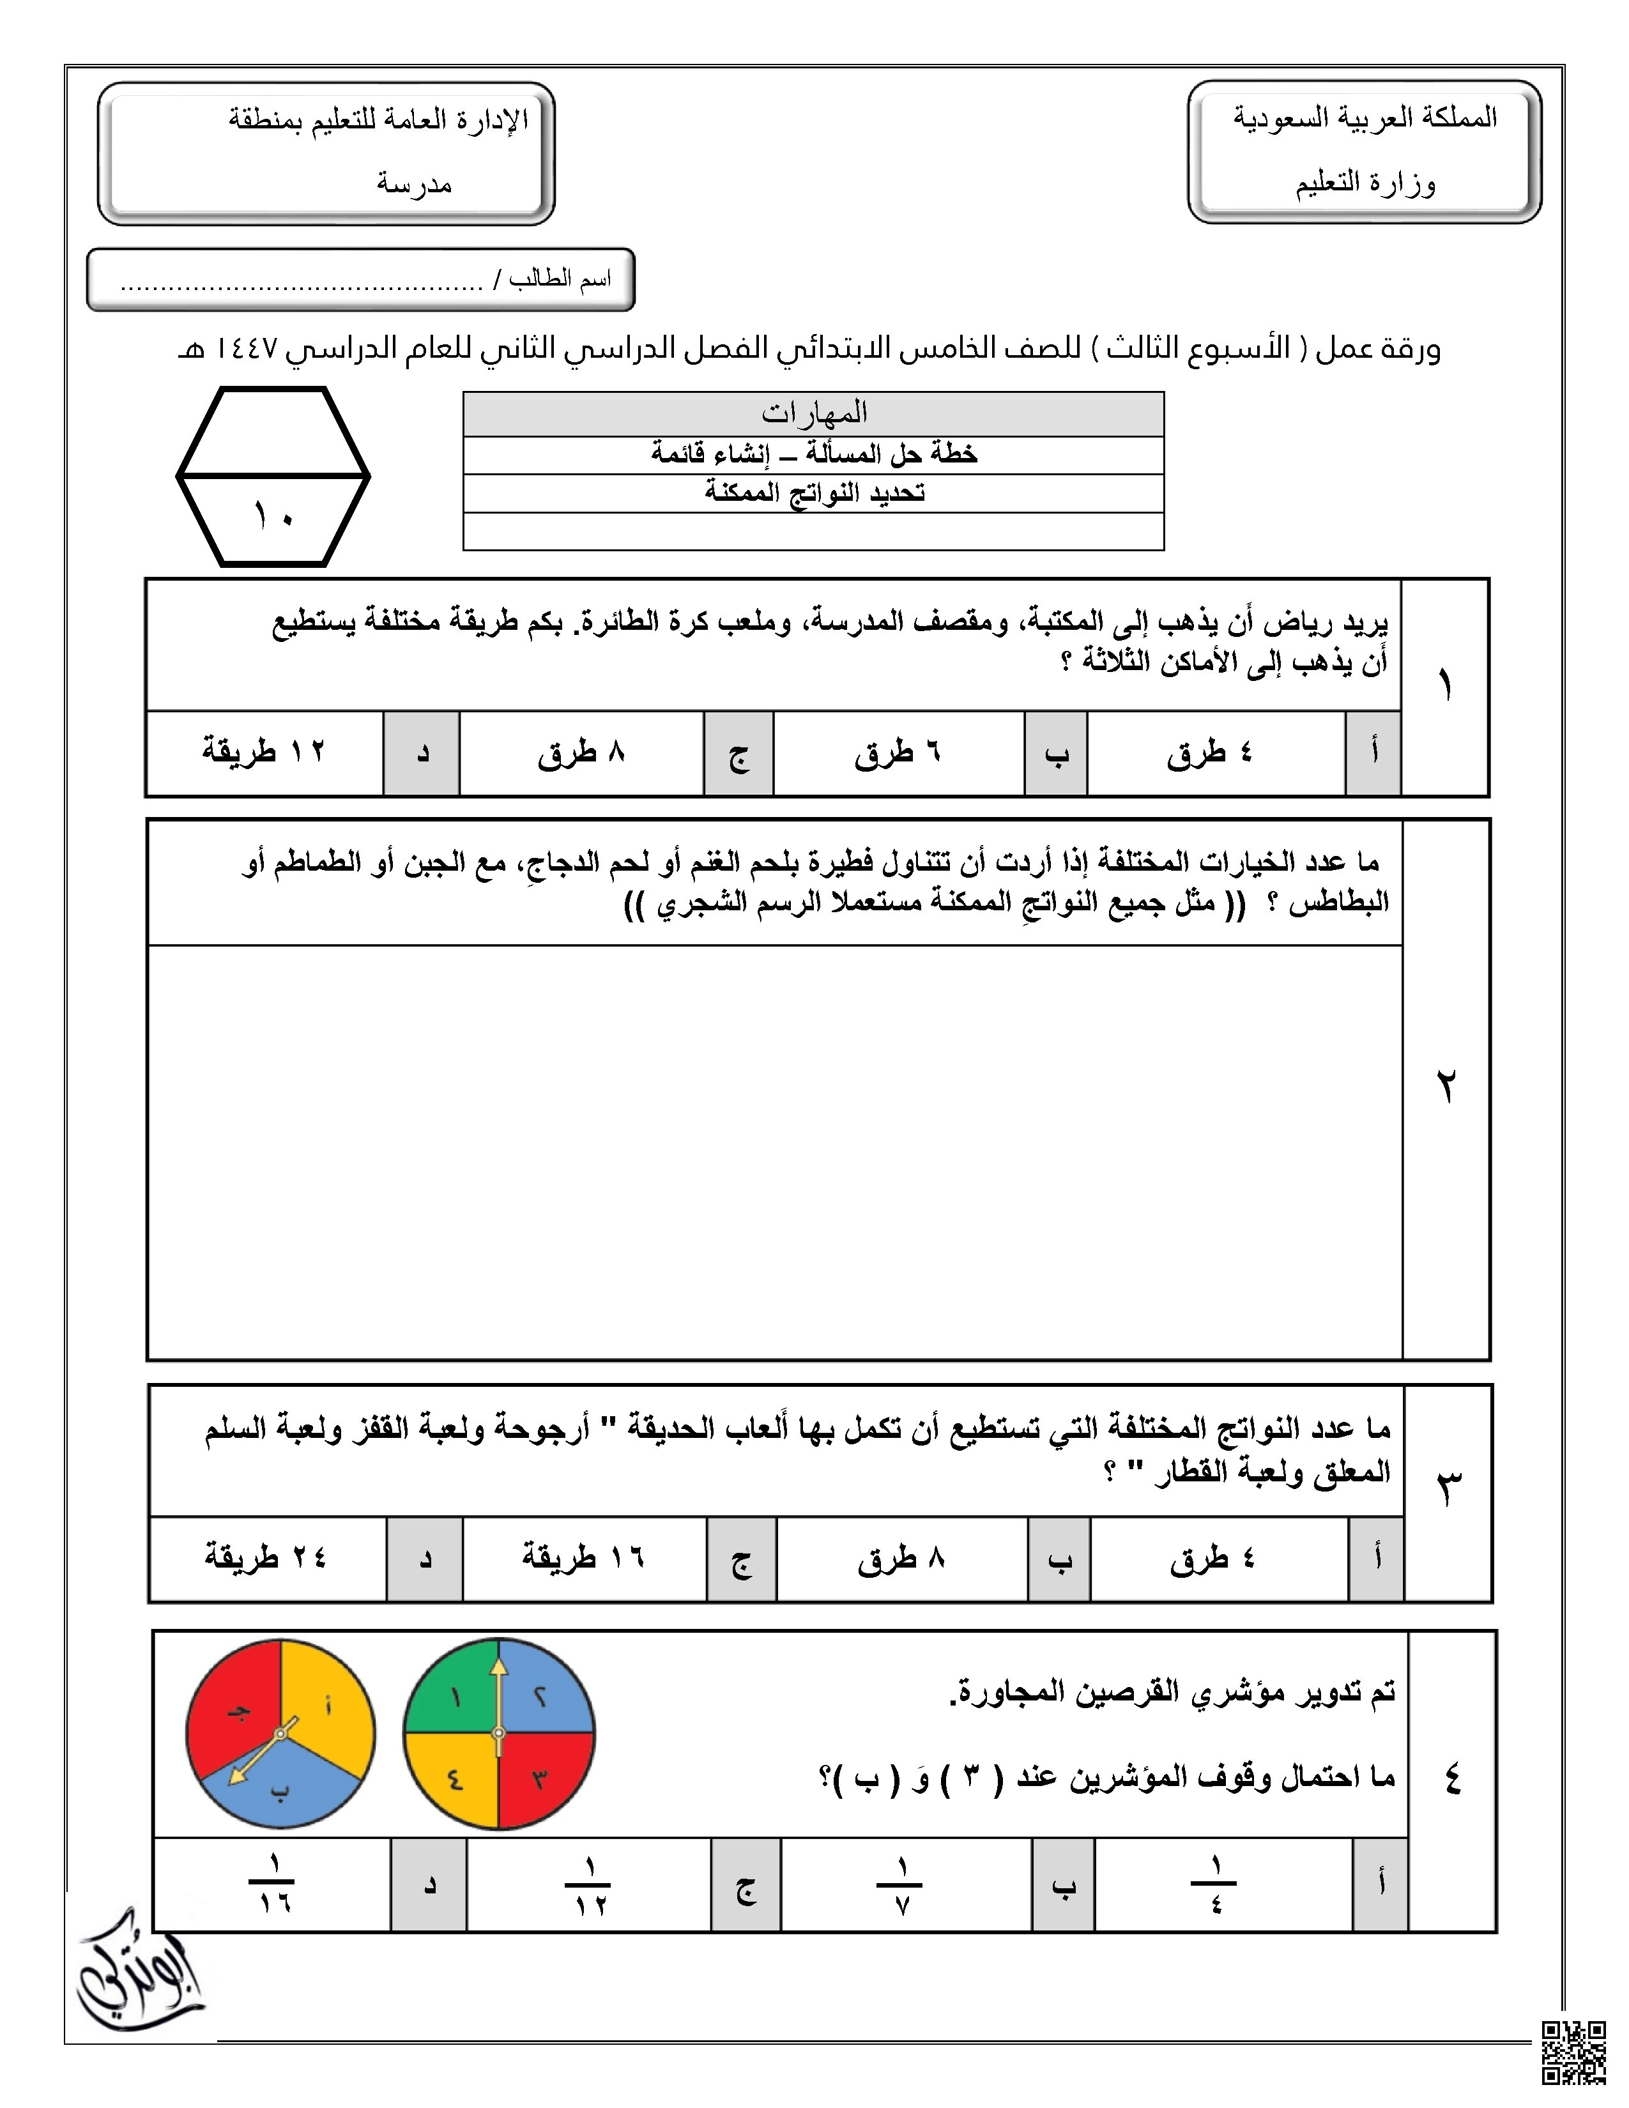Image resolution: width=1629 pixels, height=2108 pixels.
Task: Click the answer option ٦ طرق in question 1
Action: click(898, 754)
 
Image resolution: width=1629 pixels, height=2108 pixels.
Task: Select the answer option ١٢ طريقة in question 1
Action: click(263, 752)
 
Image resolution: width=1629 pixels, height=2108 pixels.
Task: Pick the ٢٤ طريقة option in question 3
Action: click(265, 1557)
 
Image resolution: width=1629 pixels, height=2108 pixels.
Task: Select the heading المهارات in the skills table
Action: click(813, 413)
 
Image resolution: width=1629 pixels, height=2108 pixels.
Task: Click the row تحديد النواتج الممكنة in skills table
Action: click(813, 493)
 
